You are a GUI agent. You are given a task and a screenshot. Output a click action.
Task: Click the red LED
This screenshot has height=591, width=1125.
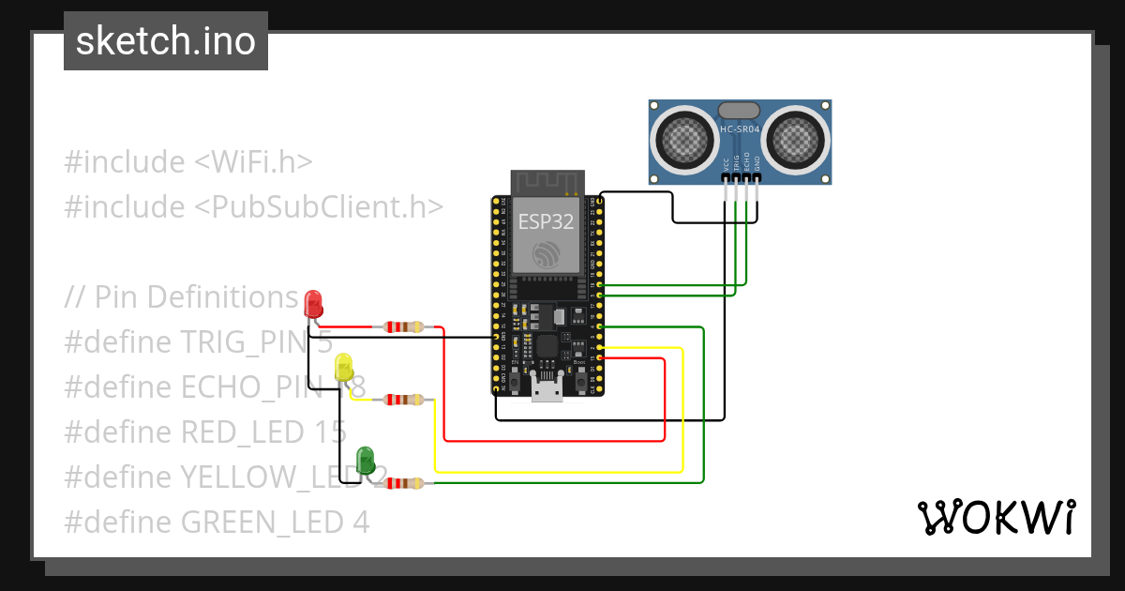(x=314, y=303)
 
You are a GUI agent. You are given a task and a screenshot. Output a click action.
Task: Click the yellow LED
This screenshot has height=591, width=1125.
(x=344, y=368)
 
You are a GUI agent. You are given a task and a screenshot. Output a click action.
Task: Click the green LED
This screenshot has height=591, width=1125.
(x=367, y=460)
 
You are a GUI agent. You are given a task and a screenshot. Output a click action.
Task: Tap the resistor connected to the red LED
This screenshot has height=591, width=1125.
(x=403, y=327)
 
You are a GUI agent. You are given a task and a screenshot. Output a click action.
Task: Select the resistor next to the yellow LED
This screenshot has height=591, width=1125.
(x=403, y=400)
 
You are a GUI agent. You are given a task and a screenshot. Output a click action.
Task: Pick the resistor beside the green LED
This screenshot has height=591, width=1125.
(x=403, y=483)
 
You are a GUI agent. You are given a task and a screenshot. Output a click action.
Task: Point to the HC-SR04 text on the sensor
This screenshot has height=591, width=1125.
(x=740, y=129)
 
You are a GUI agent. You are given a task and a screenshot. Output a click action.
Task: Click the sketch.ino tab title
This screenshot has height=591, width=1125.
(x=166, y=41)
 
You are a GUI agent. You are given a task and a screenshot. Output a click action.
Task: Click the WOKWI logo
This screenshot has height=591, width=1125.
(x=996, y=517)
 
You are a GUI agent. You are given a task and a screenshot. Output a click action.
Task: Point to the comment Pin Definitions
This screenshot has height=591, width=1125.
(x=196, y=296)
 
